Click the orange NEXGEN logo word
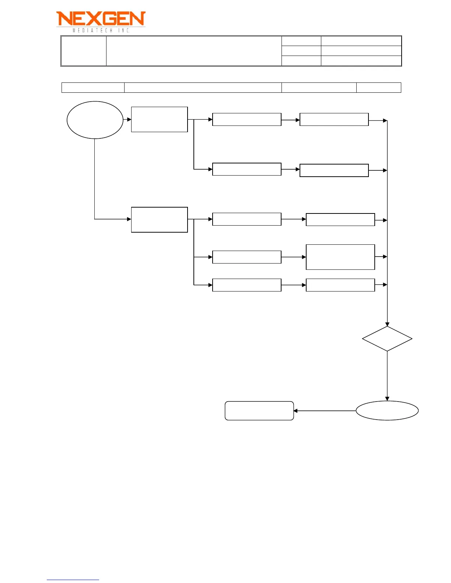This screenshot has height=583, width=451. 101,19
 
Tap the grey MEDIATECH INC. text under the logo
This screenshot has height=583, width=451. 101,31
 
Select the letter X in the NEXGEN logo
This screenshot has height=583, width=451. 93,19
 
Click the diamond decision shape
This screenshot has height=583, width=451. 387,339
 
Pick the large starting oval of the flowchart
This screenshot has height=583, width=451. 95,120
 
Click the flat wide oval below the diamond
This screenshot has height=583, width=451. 387,410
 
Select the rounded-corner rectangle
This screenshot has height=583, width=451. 259,411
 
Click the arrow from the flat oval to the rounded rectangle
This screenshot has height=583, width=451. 324,411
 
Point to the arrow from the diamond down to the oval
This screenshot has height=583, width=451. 387,375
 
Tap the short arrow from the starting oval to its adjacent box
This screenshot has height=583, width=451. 127,119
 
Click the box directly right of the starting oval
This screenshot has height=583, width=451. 159,119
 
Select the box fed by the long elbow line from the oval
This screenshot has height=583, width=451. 159,220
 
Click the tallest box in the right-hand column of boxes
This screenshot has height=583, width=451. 340,257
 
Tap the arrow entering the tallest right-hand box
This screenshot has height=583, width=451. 294,257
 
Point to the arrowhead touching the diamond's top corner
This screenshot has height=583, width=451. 387,324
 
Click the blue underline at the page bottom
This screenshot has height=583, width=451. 73,580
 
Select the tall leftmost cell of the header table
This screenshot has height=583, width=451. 84,51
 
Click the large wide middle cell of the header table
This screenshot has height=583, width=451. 194,51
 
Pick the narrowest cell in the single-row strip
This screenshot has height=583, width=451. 378,88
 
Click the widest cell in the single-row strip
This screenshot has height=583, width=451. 203,88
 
